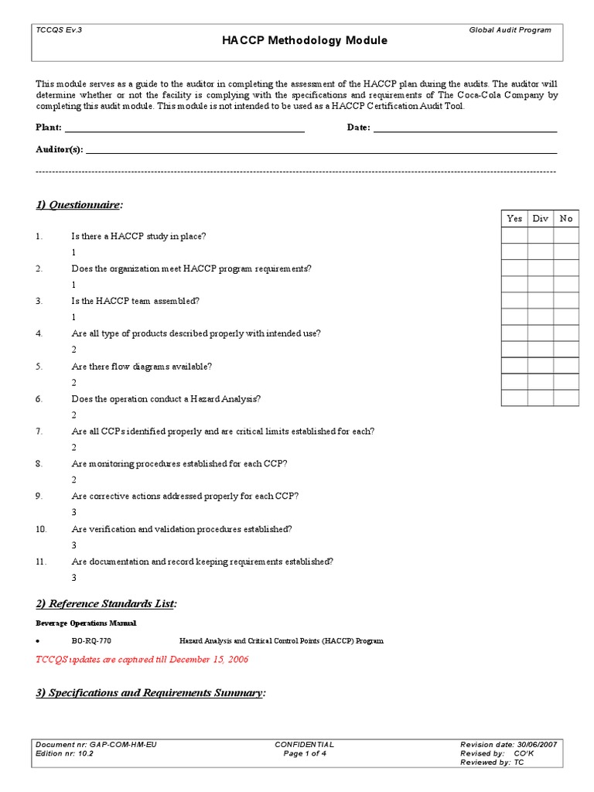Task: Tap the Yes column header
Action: click(514, 219)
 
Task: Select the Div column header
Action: click(540, 219)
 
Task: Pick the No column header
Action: click(566, 219)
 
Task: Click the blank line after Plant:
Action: click(184, 128)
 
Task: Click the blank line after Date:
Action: click(465, 128)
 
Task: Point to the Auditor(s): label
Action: click(59, 148)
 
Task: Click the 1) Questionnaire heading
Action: click(79, 205)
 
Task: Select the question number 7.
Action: click(39, 432)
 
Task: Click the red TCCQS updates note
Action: click(142, 660)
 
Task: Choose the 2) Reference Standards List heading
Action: click(106, 603)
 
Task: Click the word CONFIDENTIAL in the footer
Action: click(305, 744)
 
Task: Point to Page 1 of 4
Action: click(306, 753)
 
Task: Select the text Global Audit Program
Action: click(510, 29)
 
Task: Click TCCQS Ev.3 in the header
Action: click(59, 29)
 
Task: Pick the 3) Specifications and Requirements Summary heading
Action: click(150, 693)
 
